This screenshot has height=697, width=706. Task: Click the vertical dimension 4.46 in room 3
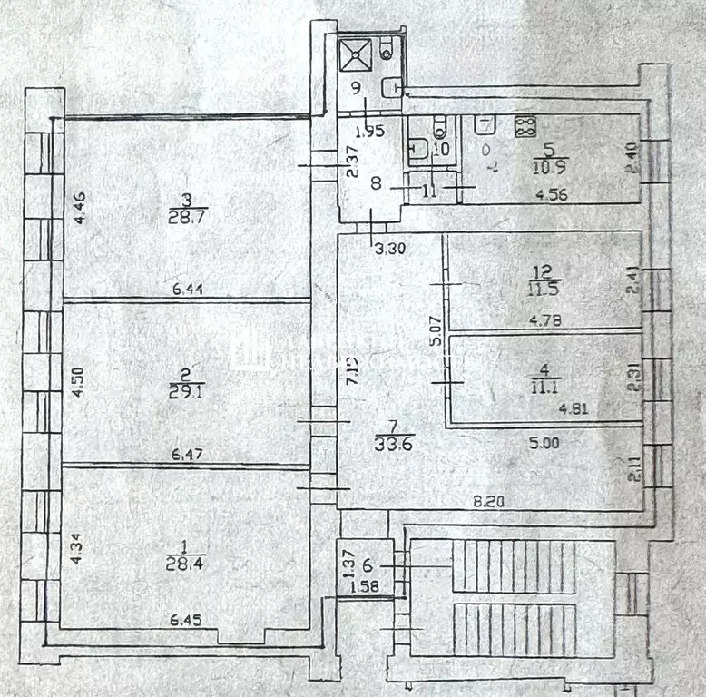tap(79, 209)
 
